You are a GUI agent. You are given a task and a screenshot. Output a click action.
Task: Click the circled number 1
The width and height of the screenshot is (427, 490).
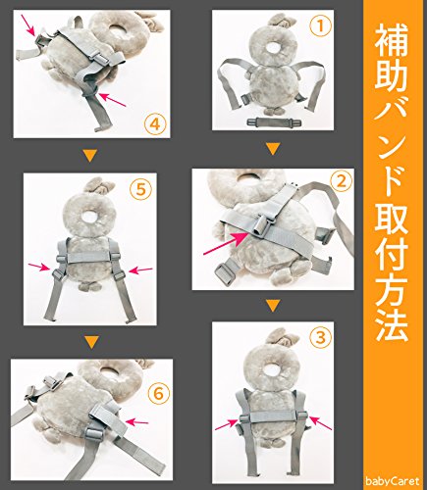[320, 26]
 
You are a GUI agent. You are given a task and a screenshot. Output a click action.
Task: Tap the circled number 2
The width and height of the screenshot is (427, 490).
[342, 181]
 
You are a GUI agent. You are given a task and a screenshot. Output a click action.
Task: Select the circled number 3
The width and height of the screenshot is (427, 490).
[321, 337]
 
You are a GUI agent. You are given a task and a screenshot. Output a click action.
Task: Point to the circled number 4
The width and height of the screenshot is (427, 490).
[155, 124]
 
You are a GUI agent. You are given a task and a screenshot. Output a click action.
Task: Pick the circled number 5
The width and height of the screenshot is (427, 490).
[140, 190]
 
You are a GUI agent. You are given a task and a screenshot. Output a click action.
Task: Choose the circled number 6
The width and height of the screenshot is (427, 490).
[159, 394]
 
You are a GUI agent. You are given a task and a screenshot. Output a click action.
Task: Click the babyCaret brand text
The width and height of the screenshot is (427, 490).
[393, 481]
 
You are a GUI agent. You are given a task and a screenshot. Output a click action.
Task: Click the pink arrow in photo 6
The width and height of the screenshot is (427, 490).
[137, 422]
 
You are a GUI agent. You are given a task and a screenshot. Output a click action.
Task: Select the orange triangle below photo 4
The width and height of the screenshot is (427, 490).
[90, 156]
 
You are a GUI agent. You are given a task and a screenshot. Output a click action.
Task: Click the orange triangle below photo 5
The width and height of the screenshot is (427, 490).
[90, 342]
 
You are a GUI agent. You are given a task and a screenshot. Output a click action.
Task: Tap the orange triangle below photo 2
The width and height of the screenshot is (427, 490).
[273, 306]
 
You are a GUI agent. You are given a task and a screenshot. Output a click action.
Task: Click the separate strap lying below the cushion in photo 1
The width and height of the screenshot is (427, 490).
[274, 122]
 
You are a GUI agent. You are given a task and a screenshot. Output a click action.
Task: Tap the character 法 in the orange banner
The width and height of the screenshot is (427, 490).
[392, 324]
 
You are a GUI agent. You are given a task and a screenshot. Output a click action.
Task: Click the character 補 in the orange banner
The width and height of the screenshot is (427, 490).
[392, 41]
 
